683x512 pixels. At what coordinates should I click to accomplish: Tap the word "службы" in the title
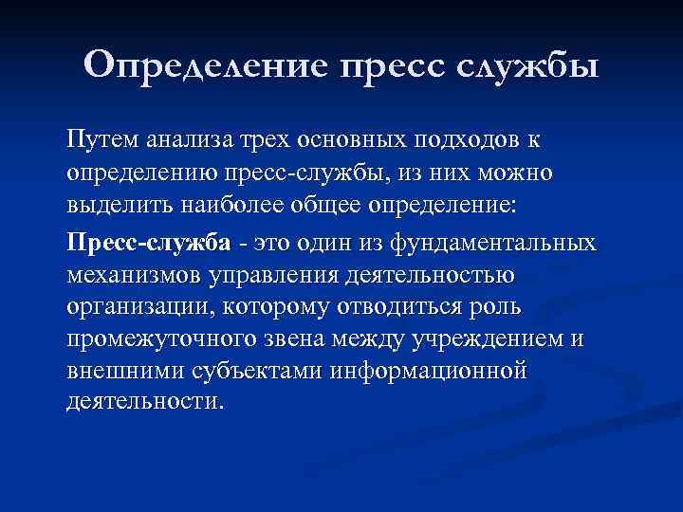(x=527, y=65)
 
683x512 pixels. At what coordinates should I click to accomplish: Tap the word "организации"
(x=132, y=307)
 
